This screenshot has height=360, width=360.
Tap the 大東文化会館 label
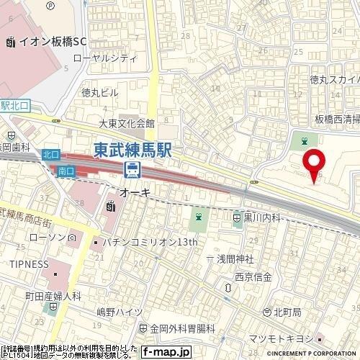pyautogui.click(x=127, y=123)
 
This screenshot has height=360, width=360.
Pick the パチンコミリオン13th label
pyautogui.click(x=148, y=242)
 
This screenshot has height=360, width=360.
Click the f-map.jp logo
pyautogui.click(x=165, y=352)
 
